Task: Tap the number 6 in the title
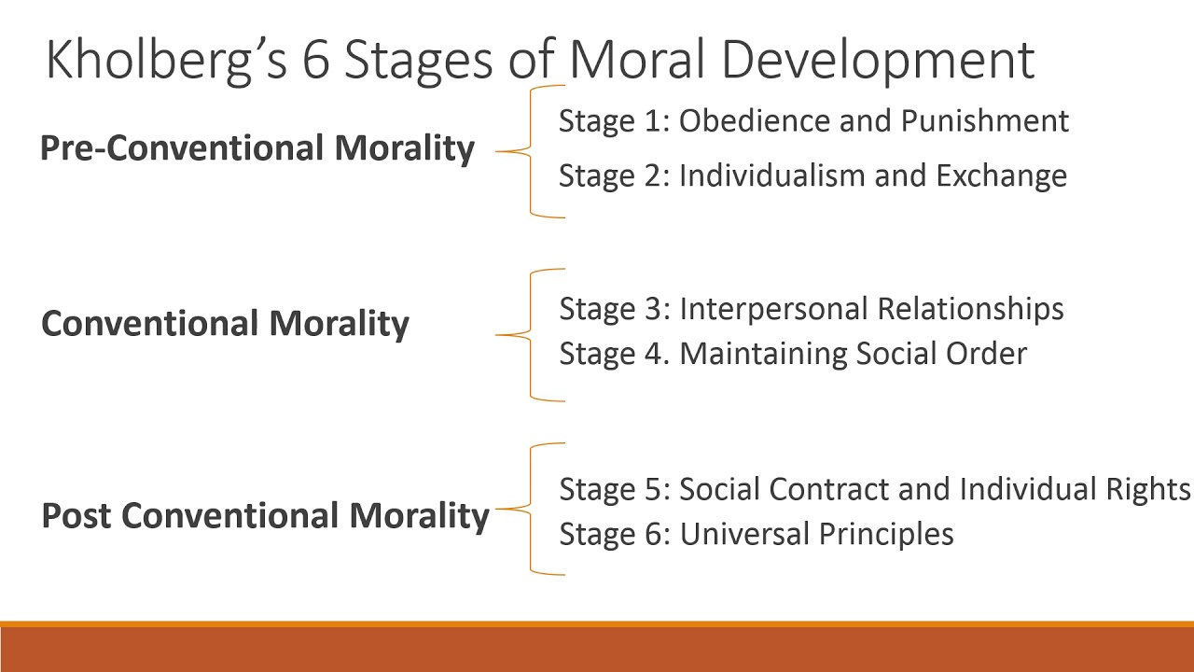pos(322,60)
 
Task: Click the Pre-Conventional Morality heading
pos(257,148)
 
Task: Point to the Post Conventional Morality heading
pos(265,515)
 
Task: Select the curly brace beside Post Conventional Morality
pos(530,509)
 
